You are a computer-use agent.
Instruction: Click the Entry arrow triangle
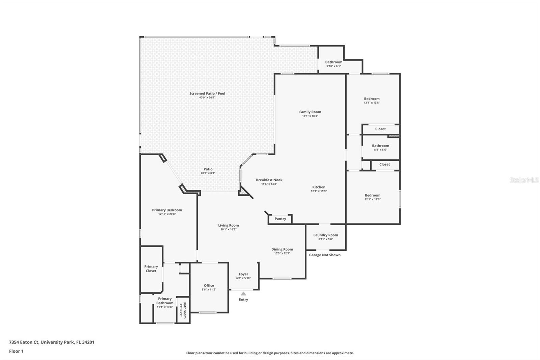pyautogui.click(x=243, y=293)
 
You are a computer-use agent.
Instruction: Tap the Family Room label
pyautogui.click(x=310, y=112)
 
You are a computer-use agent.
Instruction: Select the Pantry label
pyautogui.click(x=280, y=219)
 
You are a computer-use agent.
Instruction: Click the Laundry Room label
pyautogui.click(x=325, y=235)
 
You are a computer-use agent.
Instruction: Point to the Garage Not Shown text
pyautogui.click(x=325, y=255)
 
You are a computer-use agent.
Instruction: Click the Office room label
pyautogui.click(x=209, y=285)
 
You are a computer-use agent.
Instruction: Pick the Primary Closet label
pyautogui.click(x=151, y=268)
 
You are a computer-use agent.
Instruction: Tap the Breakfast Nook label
pyautogui.click(x=269, y=180)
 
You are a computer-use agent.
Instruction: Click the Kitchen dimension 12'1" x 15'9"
pyautogui.click(x=319, y=191)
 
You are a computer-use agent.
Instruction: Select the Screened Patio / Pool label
pyautogui.click(x=207, y=94)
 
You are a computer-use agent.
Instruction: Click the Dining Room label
pyautogui.click(x=282, y=249)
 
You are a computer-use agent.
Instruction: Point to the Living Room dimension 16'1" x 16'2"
pyautogui.click(x=228, y=229)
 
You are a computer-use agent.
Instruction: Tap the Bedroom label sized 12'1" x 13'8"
pyautogui.click(x=372, y=99)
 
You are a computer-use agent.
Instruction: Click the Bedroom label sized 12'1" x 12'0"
pyautogui.click(x=372, y=195)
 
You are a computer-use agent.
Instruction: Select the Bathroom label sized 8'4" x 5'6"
pyautogui.click(x=380, y=146)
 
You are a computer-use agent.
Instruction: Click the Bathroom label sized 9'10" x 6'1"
pyautogui.click(x=333, y=62)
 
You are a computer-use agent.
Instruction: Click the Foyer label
pyautogui.click(x=243, y=274)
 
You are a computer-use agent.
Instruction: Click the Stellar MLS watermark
pyautogui.click(x=524, y=180)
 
